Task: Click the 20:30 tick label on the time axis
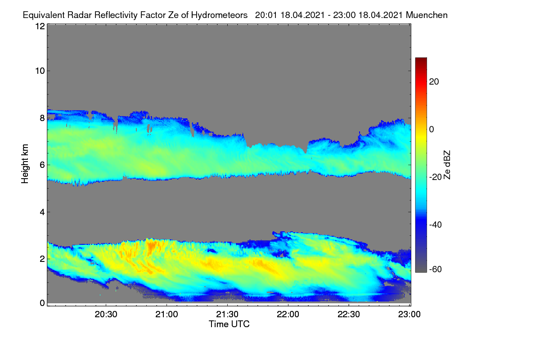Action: coord(106,315)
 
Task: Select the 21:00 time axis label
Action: coord(166,315)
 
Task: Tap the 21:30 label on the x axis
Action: coord(227,315)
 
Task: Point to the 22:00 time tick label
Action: coord(288,315)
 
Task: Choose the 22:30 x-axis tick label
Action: coord(349,315)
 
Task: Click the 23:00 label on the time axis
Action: coord(409,315)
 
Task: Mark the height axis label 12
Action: coord(40,26)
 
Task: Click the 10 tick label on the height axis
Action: coord(40,71)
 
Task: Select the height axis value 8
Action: coord(42,118)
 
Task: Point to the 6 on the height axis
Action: coord(42,165)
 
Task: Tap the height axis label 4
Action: coord(42,212)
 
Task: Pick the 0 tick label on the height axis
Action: coord(42,303)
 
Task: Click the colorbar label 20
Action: coord(434,82)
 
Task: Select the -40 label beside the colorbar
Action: coord(436,225)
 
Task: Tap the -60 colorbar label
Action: coord(436,270)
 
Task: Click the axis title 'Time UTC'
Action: coord(229,324)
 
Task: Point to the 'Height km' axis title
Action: coord(25,164)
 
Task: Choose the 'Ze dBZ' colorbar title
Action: coord(447,165)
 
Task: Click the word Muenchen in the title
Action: coord(427,15)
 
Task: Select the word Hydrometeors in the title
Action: coord(220,15)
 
